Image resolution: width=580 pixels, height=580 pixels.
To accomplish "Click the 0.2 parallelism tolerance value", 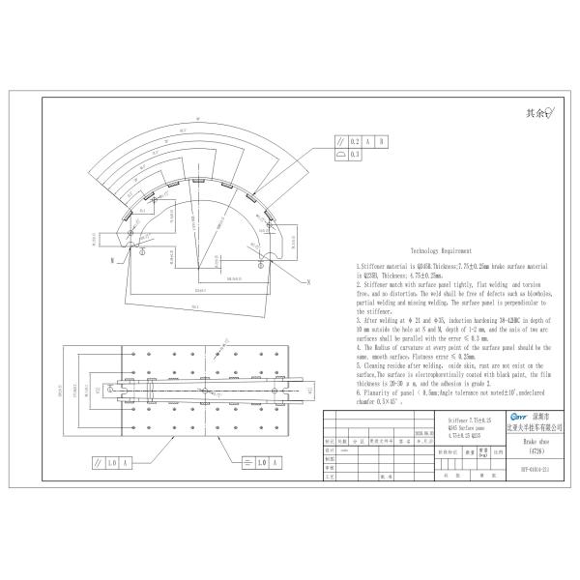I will click(355, 141).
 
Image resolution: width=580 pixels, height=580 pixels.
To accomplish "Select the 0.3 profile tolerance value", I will click(355, 154).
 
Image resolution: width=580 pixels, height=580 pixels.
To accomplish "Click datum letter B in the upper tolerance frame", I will click(383, 141).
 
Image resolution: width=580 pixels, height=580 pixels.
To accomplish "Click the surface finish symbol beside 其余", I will click(548, 112).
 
